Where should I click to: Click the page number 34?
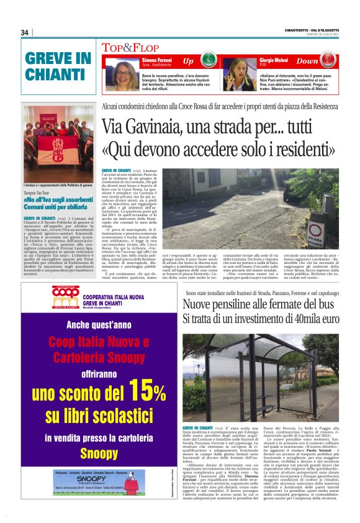(25, 32)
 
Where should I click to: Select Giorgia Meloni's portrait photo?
(240, 71)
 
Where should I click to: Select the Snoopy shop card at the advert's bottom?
(99, 481)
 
